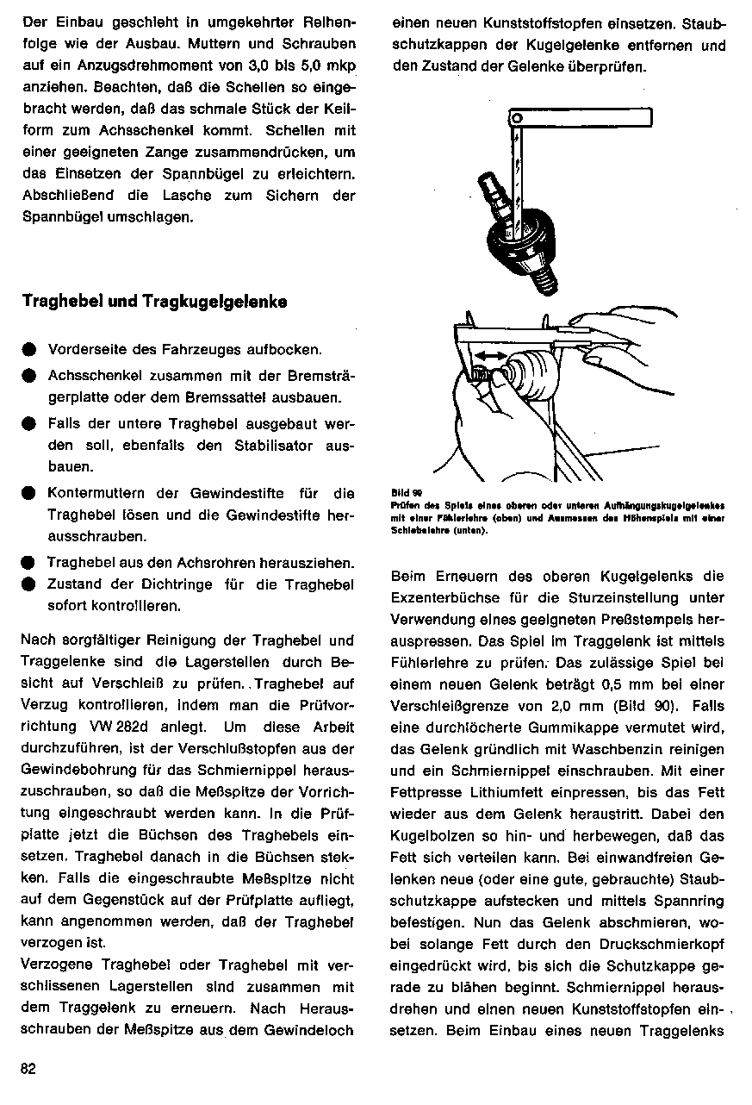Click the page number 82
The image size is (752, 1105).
click(x=28, y=1068)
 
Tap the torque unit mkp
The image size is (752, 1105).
click(x=338, y=66)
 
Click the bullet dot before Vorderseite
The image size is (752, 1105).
click(x=28, y=351)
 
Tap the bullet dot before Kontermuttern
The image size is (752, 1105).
click(x=28, y=495)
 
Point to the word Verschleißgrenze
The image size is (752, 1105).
click(x=448, y=706)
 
